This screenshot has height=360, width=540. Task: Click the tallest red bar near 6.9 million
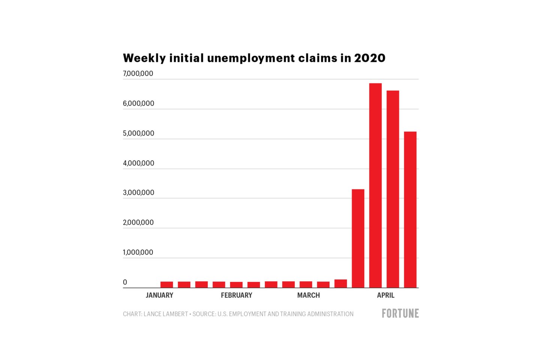tap(375, 185)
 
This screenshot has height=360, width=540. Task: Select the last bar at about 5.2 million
tap(410, 210)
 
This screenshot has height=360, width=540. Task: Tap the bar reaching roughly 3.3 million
tap(358, 238)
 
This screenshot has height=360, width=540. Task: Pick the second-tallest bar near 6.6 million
tap(393, 189)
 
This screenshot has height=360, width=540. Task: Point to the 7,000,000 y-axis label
tap(138, 73)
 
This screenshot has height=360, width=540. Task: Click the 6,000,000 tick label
tap(138, 103)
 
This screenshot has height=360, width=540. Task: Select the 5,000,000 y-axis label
tap(138, 133)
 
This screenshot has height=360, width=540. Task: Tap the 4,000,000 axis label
tap(138, 163)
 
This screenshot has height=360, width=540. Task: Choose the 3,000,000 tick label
tap(138, 193)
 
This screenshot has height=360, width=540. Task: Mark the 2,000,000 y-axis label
tap(138, 222)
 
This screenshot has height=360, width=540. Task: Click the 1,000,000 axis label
tap(138, 252)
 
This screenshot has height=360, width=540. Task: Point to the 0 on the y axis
tap(125, 282)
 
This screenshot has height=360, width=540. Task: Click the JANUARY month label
tap(159, 295)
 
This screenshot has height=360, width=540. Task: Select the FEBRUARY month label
tap(236, 295)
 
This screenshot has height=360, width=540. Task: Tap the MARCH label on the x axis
tap(308, 295)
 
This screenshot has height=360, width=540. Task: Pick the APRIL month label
tap(385, 295)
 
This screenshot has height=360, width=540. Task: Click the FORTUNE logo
tap(400, 313)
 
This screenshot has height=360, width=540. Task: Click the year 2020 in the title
tap(369, 58)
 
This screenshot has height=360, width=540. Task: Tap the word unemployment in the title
tap(251, 58)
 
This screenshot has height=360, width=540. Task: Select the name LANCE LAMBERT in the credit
tap(165, 314)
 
